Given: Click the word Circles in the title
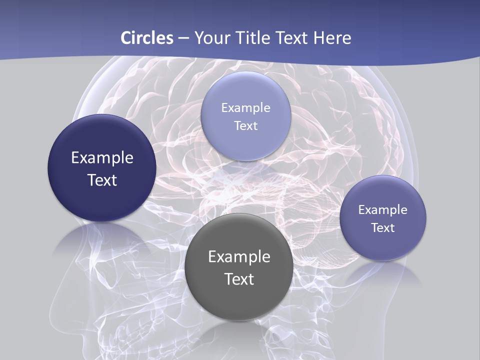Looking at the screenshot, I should coord(147,38).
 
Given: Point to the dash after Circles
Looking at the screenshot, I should coord(183,38).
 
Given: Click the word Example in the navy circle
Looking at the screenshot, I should coord(102,158).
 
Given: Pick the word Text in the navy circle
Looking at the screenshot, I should coord(102,180).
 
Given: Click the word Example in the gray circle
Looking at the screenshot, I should coord(239,257).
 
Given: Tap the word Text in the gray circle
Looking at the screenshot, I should coord(239,279).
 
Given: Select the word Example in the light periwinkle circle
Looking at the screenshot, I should coord(245,108).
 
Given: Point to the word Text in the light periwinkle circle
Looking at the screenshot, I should coord(245,126).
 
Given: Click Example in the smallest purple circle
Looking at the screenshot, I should coord(382,210).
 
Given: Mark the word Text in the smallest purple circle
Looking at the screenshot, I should coord(383,228).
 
